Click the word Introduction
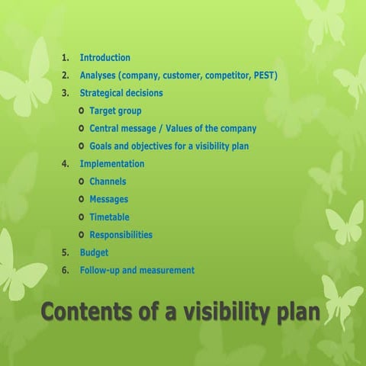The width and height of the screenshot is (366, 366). (104, 58)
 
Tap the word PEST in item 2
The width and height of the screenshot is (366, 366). (264, 75)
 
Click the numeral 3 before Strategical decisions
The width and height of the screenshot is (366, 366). (65, 93)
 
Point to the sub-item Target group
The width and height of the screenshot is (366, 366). (115, 111)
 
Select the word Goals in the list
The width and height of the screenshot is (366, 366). (102, 146)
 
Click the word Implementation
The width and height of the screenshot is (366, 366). (111, 164)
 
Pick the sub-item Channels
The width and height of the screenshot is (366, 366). (108, 181)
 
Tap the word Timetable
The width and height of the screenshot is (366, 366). (109, 217)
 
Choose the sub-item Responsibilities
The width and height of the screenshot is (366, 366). (120, 235)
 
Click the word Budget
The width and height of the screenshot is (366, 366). (94, 252)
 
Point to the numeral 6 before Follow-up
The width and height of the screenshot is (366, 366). (65, 270)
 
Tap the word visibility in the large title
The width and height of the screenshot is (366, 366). (214, 313)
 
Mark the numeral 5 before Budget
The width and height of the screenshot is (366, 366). (65, 252)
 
